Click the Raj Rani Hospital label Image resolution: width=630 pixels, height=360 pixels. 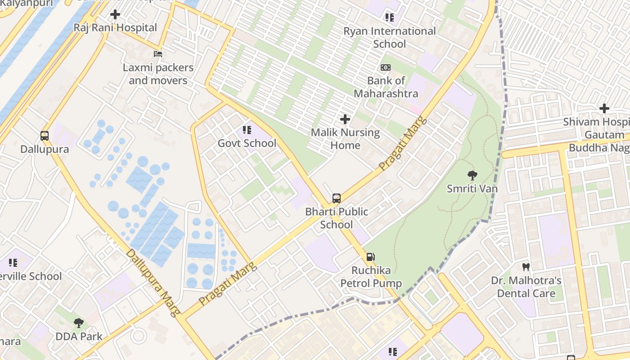115,27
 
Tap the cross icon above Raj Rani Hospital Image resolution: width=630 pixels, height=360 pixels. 115,14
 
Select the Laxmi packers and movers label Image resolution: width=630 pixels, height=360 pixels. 158,74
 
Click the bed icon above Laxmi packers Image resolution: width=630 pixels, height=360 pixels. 158,54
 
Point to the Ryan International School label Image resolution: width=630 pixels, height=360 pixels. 390,37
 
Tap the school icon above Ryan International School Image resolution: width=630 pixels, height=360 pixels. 390,18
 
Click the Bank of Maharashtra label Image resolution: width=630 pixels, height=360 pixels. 386,87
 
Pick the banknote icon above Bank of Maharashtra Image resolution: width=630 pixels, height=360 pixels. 386,67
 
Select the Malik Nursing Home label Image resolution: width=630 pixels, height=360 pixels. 345,139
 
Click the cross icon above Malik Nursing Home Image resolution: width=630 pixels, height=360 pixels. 345,119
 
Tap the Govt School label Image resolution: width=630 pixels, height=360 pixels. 247,143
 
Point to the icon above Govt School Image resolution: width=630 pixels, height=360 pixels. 247,130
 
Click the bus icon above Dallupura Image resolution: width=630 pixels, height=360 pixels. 45,135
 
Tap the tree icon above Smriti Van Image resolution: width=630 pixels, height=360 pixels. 472,175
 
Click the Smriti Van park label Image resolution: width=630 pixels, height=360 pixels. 472,188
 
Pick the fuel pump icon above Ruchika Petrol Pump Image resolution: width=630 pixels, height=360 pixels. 371,257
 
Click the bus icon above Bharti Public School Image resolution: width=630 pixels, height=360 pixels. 337,198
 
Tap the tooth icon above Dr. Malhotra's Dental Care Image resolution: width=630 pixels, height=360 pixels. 526,267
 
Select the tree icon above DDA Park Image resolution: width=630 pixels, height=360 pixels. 79,323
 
